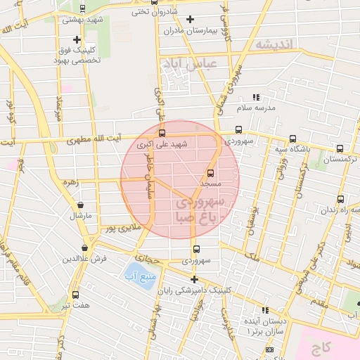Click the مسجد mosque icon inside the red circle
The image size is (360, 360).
point(210,172)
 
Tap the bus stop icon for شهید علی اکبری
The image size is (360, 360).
point(162,133)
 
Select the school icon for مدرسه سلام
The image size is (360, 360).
point(256,97)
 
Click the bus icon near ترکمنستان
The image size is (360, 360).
point(340,148)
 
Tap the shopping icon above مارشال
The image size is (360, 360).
point(81,205)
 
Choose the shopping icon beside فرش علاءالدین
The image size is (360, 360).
point(85,247)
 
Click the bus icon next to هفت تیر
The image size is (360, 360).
point(75,295)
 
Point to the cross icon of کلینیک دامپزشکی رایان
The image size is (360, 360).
point(195,278)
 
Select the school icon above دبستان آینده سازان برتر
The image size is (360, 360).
point(265,310)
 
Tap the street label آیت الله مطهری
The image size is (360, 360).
point(94,140)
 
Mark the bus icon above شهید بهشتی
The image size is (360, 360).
point(83,9)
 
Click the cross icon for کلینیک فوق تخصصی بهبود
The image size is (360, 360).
point(77,39)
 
